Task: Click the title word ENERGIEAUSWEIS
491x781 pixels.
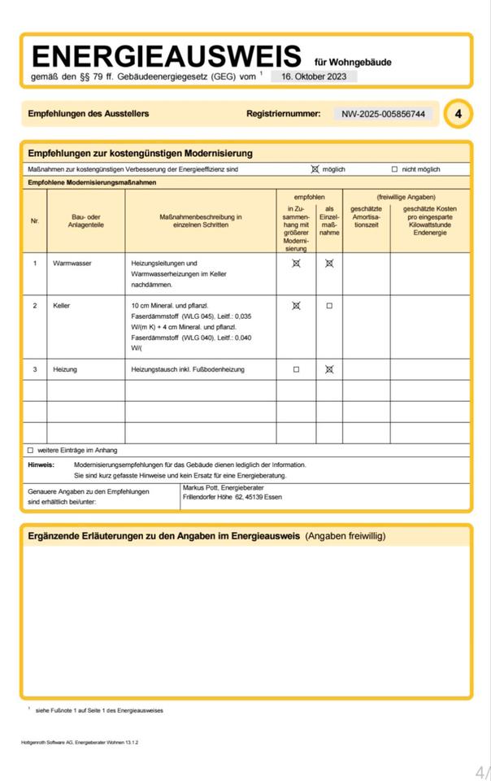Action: coord(166,57)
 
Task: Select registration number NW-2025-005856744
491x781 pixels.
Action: coord(384,114)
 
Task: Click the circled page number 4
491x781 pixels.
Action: coord(458,114)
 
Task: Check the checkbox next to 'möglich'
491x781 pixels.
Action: coord(315,169)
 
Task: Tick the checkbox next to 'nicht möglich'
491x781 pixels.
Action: coord(394,169)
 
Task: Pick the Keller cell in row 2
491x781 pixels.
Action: coord(62,305)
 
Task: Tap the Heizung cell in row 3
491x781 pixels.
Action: coord(65,369)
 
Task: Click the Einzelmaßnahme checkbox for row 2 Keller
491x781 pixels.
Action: coord(329,306)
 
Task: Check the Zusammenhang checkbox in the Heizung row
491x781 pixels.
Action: coord(296,369)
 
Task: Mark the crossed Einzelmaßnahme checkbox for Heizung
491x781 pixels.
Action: coord(329,369)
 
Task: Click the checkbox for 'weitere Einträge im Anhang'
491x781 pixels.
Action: coord(30,450)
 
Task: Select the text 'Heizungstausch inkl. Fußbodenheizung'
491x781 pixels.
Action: coord(187,369)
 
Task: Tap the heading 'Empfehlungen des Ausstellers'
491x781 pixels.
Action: coord(89,114)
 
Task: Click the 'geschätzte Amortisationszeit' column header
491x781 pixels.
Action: coord(366,216)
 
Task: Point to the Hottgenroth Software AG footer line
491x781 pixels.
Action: coord(80,743)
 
